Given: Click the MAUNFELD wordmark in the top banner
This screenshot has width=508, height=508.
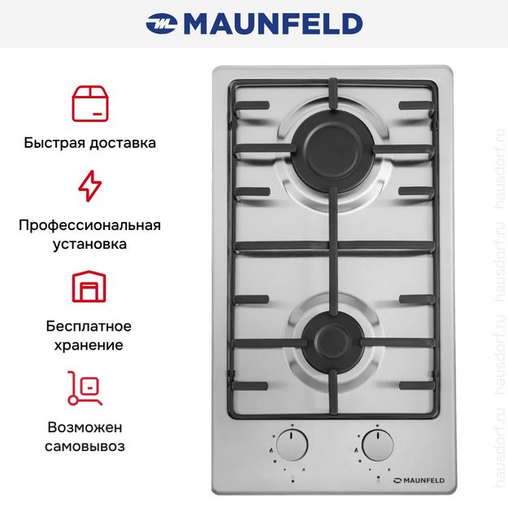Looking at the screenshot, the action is (x=273, y=24).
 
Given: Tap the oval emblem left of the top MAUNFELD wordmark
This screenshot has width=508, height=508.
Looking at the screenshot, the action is (x=162, y=24).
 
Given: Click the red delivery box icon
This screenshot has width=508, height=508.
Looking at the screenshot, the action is (x=90, y=104).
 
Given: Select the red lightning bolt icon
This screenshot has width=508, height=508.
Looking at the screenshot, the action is (x=90, y=186).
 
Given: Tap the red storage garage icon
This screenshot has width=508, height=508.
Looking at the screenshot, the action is (x=89, y=286).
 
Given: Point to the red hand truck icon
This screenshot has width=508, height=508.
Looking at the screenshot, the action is (x=85, y=388).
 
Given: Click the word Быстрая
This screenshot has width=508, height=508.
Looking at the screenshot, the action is (x=54, y=143).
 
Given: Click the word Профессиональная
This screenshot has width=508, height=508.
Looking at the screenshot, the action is (x=89, y=225).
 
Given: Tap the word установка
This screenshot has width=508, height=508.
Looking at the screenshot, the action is (x=89, y=244).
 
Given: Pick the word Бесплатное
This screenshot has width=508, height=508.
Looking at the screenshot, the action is (x=89, y=326).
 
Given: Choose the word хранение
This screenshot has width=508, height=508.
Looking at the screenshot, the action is (x=89, y=345).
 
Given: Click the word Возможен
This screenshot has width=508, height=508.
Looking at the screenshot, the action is (x=85, y=428).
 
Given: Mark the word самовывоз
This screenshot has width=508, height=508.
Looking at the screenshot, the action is (x=85, y=446).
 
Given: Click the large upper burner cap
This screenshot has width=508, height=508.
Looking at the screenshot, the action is (x=334, y=153).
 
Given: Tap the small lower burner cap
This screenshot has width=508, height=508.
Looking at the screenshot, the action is (x=333, y=342).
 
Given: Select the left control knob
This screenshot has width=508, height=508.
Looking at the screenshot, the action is (x=293, y=445).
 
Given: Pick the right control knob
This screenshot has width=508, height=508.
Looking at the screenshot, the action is (x=377, y=445).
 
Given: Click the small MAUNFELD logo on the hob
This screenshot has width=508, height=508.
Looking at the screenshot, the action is (x=419, y=480).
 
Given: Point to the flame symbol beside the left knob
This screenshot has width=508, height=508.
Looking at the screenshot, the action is (x=271, y=450).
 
